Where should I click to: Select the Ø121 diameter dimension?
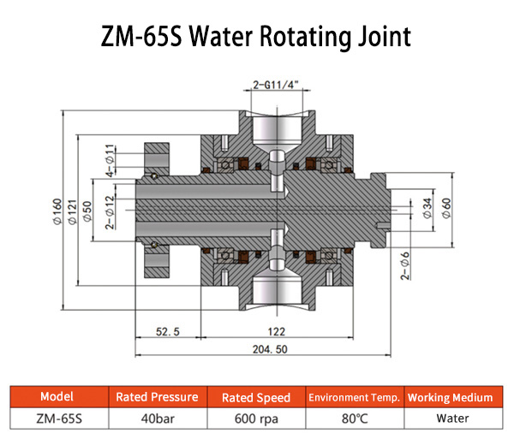(73, 211)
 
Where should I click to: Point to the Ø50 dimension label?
(88, 211)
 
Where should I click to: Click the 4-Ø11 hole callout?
(110, 161)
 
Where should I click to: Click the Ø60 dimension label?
(446, 207)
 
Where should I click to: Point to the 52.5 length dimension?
(167, 331)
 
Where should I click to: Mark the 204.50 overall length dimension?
(262, 349)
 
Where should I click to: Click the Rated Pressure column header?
(157, 397)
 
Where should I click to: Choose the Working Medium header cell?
(450, 397)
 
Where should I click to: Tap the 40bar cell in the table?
(157, 419)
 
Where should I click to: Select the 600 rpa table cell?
(255, 419)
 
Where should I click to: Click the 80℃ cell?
(354, 419)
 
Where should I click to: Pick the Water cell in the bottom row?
(450, 419)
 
